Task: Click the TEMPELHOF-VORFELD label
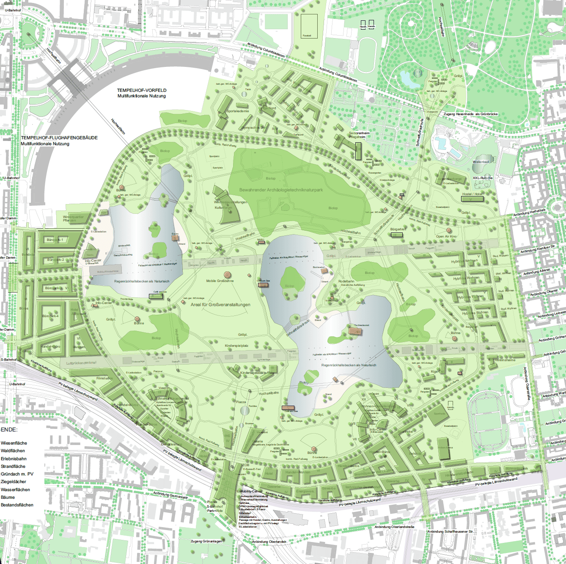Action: click(x=142, y=90)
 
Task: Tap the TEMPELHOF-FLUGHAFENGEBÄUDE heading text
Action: click(x=59, y=138)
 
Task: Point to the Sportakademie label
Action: click(x=238, y=111)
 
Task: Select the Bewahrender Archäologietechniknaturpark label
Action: click(x=281, y=190)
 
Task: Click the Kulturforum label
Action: click(x=223, y=207)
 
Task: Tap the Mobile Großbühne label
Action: click(x=220, y=281)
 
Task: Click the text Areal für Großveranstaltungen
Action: click(x=220, y=304)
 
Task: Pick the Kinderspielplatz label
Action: click(x=236, y=346)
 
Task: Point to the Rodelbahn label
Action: click(x=346, y=281)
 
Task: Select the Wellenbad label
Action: click(x=481, y=162)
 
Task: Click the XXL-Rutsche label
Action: click(x=482, y=178)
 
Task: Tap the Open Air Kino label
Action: click(x=446, y=236)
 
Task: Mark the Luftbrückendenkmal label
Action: click(x=81, y=363)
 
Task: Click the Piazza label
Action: click(x=241, y=402)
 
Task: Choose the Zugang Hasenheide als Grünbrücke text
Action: click(x=470, y=114)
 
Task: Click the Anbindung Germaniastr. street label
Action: click(x=170, y=495)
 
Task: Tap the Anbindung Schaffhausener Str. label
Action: click(x=450, y=531)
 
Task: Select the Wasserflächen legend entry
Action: click(x=15, y=489)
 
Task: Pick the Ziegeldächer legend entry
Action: click(x=14, y=481)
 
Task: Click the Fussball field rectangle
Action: click(x=309, y=27)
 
